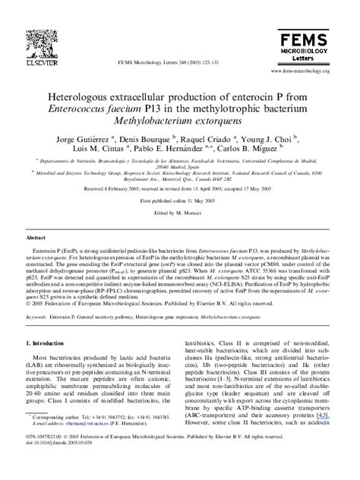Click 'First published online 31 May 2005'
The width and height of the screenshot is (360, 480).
point(179,201)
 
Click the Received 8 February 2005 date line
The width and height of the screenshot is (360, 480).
point(179,191)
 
